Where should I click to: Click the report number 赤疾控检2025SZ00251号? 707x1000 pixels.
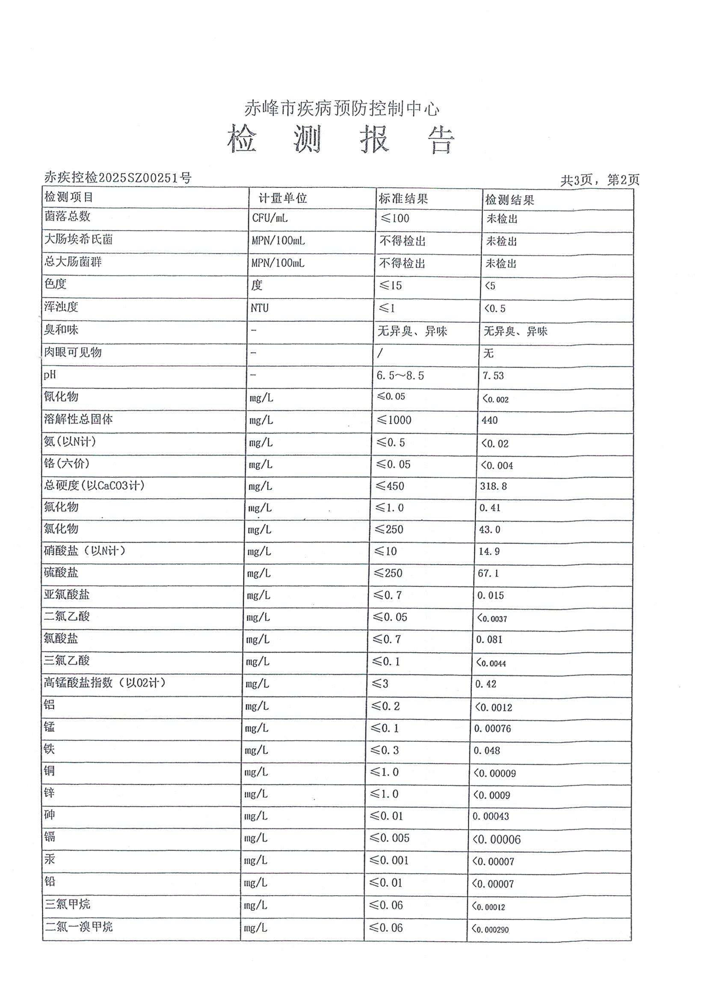pos(118,178)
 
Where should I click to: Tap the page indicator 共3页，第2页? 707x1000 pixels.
pos(599,180)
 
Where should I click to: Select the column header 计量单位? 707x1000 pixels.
pos(283,198)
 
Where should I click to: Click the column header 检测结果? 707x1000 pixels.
pos(510,200)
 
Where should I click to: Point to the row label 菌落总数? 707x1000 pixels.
pos(67,216)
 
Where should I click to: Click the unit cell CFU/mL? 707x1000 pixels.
pos(269,218)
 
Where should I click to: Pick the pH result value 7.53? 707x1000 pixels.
pos(493,376)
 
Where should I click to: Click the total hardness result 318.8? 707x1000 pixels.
pos(493,486)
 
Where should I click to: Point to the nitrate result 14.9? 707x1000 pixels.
pos(489,551)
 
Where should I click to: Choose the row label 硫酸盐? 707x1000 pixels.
pos(61,572)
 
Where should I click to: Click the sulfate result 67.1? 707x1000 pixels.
pos(488,573)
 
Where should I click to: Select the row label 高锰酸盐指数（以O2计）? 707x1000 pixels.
pos(104,682)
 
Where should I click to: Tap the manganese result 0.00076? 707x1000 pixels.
pos(492,729)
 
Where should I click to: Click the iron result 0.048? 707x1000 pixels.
pos(487,751)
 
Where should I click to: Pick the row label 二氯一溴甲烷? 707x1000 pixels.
pos(78,926)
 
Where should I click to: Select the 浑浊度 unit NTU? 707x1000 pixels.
pos(260,308)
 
